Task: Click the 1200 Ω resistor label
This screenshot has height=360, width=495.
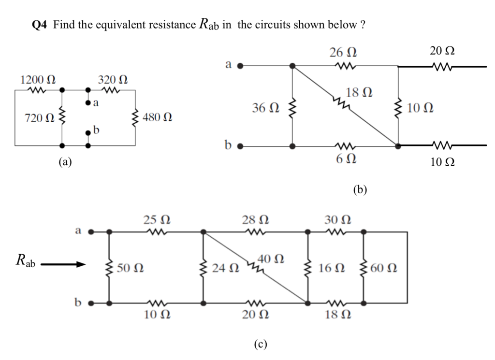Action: [37, 79]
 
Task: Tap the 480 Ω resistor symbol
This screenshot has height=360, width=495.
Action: [135, 117]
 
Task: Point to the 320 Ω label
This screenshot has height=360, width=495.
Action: [112, 79]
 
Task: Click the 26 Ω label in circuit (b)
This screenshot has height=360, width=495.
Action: [343, 52]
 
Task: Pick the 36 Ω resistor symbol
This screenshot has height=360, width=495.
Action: [291, 108]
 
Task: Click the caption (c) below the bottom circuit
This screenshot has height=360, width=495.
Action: [260, 344]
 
